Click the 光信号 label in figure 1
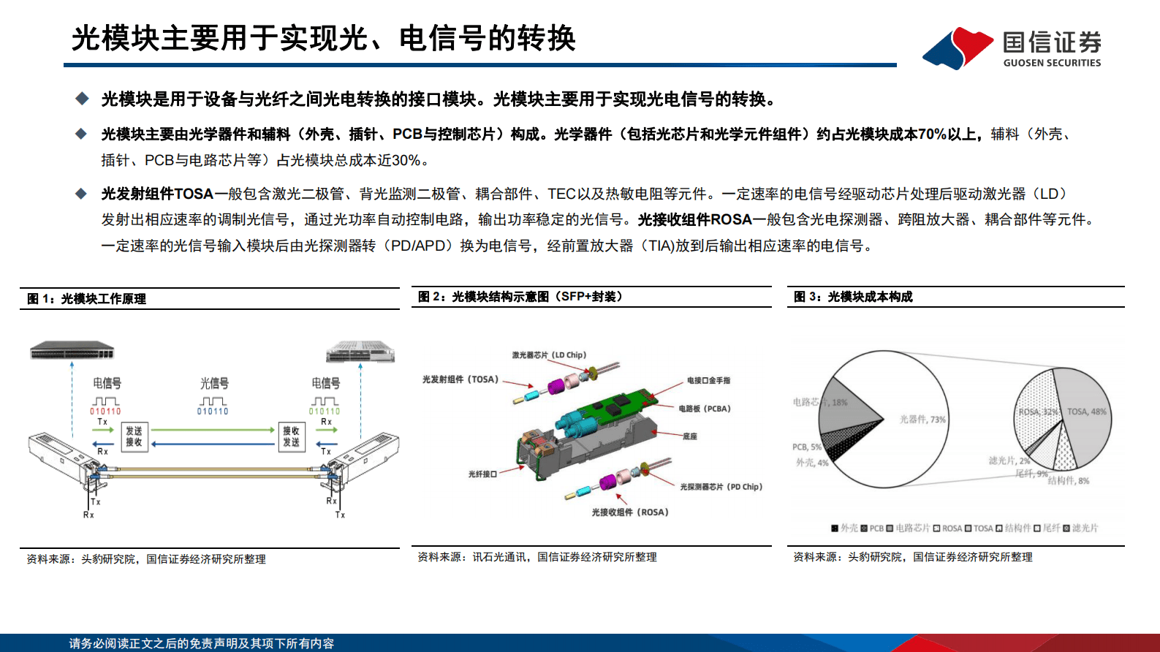(x=214, y=383)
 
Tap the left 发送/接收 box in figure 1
(x=134, y=436)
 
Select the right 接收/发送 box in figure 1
(x=291, y=436)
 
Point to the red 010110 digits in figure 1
(x=105, y=412)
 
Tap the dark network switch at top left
(x=72, y=351)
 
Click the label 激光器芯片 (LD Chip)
(x=548, y=355)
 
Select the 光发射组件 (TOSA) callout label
(x=460, y=379)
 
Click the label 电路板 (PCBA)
(x=704, y=409)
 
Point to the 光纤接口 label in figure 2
(x=482, y=474)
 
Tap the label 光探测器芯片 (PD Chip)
(x=721, y=487)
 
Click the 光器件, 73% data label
(x=922, y=420)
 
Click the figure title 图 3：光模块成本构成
(x=853, y=297)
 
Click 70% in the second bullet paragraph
(x=932, y=134)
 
